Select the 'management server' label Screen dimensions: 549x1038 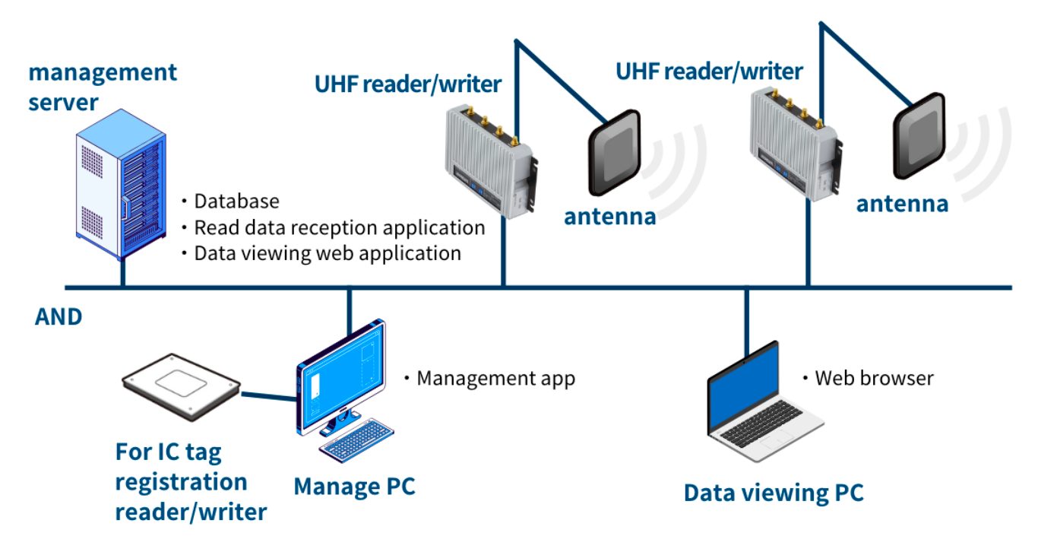[x=103, y=87]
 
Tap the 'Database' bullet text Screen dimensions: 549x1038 [x=236, y=202]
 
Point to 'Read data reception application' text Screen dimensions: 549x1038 [x=339, y=227]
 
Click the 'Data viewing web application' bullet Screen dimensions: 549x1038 [x=328, y=253]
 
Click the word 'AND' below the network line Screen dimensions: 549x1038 [x=59, y=317]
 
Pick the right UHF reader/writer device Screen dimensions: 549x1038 [x=794, y=144]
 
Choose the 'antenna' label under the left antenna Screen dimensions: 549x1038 [x=609, y=217]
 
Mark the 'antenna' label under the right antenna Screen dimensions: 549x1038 [x=902, y=204]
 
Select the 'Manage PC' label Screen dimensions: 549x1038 [x=354, y=486]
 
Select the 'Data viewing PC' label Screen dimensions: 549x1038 [x=774, y=493]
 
